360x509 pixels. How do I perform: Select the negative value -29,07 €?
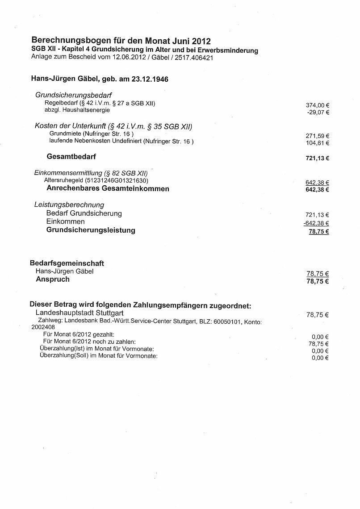coord(318,112)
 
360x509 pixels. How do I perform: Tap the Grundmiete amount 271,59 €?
coord(318,136)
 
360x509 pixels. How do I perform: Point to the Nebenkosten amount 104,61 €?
coord(318,143)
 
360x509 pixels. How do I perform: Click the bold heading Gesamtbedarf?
coord(71,156)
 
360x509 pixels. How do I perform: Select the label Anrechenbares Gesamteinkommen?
coord(108,188)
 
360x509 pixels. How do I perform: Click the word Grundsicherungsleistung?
coord(91,230)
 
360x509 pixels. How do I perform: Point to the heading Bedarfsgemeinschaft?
coord(67,263)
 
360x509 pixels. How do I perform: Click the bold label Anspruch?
coord(53,280)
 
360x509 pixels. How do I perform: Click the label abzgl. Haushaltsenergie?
coord(77,110)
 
